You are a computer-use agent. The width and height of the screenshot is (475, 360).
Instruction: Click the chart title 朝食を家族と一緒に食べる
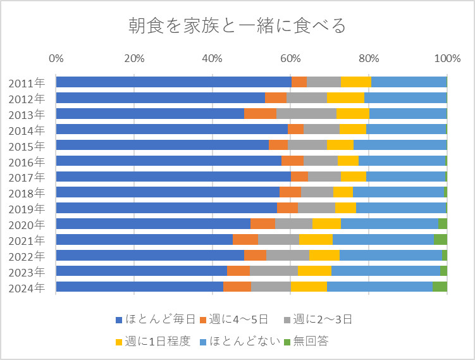237,26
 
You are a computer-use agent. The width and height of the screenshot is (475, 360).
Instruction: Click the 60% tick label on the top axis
290,59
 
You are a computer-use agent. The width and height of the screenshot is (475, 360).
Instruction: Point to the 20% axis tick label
134,59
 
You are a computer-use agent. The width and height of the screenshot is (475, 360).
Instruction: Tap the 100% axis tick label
447,59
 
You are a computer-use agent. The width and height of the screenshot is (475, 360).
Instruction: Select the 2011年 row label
27,82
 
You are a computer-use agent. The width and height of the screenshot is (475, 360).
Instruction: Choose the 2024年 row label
27,287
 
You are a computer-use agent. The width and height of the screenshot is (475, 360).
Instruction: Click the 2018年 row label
27,192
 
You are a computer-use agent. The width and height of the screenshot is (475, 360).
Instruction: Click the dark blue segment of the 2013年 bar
150,114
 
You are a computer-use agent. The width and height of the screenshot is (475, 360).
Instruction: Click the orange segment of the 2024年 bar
237,287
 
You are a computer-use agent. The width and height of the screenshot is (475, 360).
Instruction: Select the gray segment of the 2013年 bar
306,114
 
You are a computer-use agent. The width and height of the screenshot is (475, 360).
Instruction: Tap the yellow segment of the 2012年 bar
345,98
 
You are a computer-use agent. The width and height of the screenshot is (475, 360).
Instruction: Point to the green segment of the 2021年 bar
440,239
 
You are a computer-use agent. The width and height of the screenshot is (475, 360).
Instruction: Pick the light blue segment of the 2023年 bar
386,271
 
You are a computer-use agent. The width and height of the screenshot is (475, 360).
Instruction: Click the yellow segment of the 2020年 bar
326,223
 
